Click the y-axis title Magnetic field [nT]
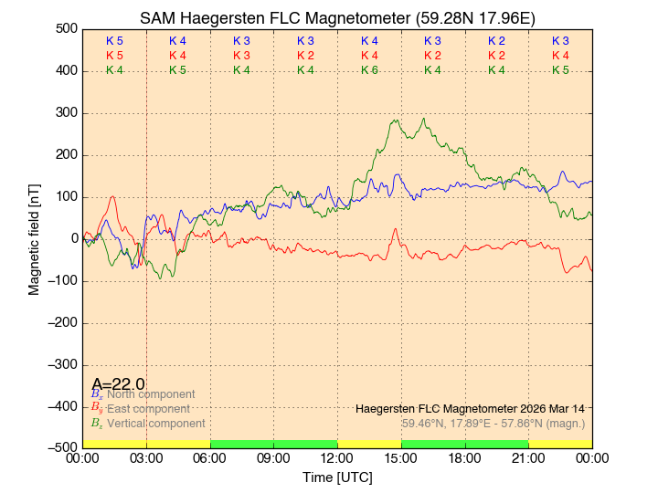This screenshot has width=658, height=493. pos(34,237)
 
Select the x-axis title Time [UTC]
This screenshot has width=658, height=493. pos(337,477)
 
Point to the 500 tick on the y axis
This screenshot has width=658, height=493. pos(65,29)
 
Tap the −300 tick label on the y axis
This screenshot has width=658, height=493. pos(61,364)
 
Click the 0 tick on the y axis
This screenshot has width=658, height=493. pos(72,239)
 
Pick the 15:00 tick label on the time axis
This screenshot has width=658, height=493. pos(401,458)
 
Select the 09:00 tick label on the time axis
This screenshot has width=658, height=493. pos(274,458)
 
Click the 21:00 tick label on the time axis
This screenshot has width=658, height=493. pos(528,458)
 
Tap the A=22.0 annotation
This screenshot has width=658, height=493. pos(118,384)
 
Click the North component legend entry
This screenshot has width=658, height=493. pos(150,394)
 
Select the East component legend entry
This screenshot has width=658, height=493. pos(148,409)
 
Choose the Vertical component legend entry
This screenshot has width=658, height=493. pos(155,424)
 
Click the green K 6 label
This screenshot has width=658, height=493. pos(369,70)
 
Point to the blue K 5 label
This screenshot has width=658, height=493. pos(114,41)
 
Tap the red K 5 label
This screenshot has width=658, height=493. pos(114,56)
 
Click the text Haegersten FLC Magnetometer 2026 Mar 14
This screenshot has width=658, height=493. pos(470,408)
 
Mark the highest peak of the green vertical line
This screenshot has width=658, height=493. pos(423,118)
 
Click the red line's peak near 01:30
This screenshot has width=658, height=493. pos(112,196)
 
